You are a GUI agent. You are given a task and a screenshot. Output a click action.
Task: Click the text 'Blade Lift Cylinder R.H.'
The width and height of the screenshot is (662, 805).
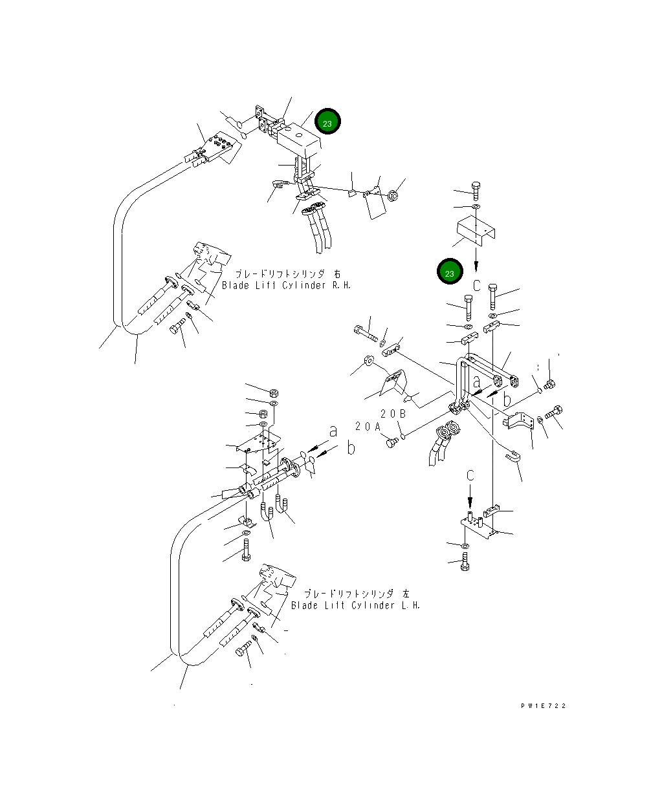(286, 286)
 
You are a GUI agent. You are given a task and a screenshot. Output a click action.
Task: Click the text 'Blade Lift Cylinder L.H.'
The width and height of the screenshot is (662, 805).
(355, 605)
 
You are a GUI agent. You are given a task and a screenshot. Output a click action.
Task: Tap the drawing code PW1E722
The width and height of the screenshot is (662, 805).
(543, 706)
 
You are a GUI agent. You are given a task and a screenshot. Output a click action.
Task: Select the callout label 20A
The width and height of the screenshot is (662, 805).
(368, 426)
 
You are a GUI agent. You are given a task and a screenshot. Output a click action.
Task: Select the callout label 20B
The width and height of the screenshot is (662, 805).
(393, 413)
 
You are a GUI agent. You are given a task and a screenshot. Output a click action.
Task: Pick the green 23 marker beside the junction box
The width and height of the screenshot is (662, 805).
(327, 122)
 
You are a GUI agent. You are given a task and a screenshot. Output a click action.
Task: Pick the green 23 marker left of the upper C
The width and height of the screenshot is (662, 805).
(450, 272)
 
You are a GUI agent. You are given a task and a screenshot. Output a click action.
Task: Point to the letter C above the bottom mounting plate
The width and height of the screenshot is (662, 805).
(470, 475)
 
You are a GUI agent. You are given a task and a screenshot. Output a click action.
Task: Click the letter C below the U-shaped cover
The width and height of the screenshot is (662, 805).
(476, 286)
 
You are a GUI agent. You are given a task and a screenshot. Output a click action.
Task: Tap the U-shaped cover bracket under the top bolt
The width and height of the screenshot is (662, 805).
(476, 230)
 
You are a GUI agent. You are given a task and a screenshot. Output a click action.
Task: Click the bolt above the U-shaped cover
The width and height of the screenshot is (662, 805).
(476, 191)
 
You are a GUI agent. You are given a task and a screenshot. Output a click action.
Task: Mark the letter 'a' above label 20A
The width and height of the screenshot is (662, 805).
(333, 431)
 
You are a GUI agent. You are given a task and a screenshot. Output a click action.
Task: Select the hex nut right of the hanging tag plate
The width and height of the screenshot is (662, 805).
(393, 196)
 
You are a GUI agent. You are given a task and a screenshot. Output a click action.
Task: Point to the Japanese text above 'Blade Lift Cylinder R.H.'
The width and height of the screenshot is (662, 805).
(288, 274)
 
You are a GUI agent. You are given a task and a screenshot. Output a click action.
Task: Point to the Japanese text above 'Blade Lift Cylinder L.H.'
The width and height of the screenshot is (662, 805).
(357, 594)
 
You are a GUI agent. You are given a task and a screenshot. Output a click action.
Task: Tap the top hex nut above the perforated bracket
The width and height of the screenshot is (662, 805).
(274, 392)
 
